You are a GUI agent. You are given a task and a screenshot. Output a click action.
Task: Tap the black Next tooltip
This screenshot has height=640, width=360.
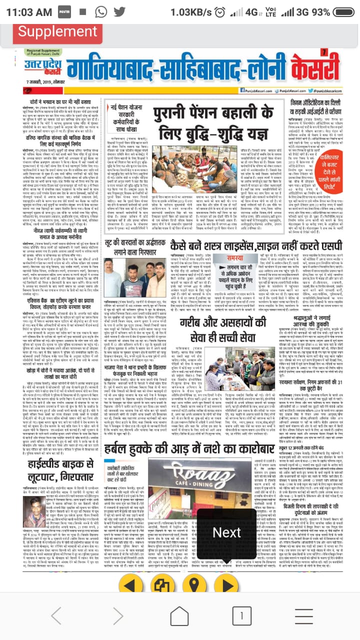[x=227, y=532]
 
